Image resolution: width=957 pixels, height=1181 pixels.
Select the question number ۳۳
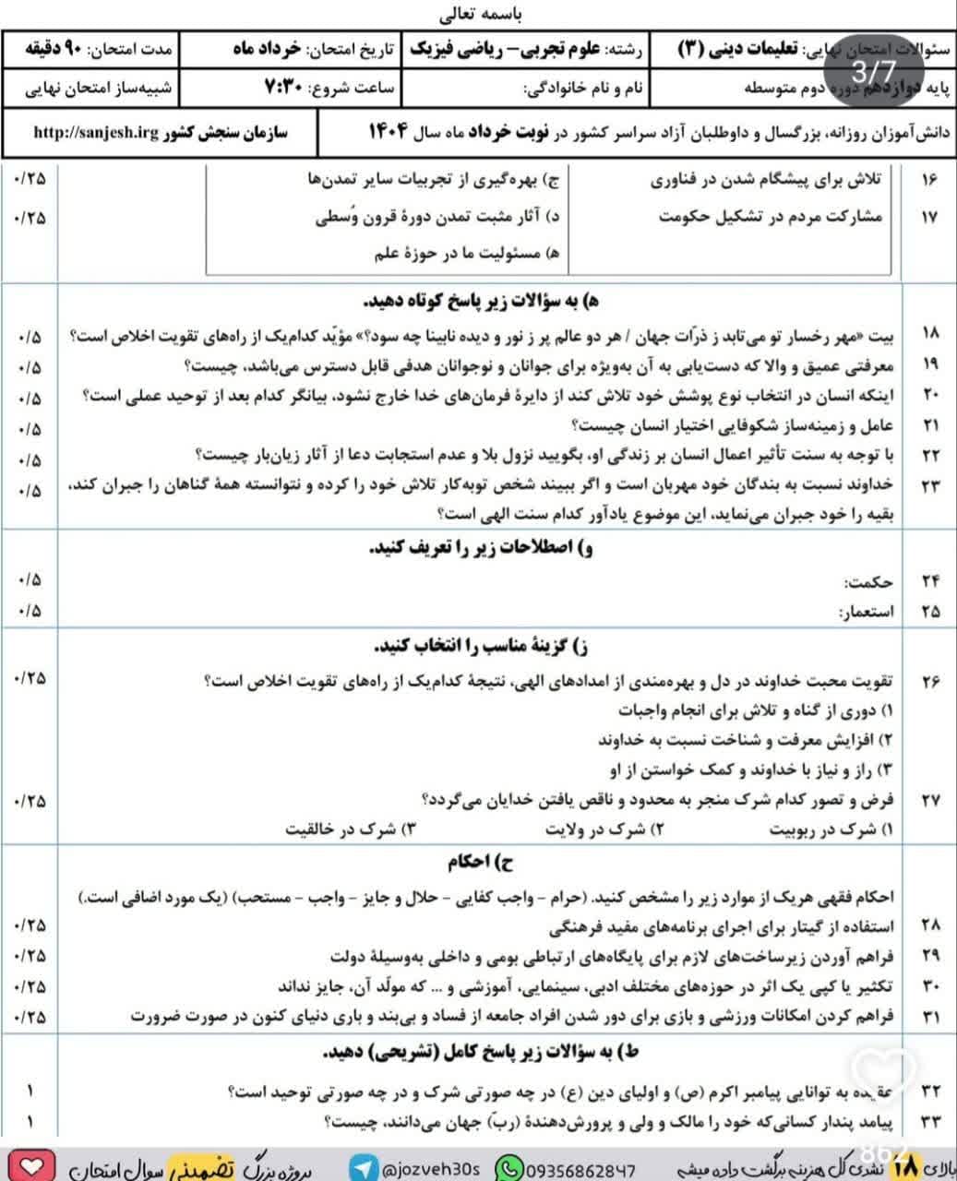pyautogui.click(x=929, y=1122)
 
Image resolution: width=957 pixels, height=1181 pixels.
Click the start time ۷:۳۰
pyautogui.click(x=286, y=89)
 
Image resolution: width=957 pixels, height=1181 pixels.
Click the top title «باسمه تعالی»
pyautogui.click(x=478, y=15)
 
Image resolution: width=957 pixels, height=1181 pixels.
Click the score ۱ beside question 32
pyautogui.click(x=30, y=1092)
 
